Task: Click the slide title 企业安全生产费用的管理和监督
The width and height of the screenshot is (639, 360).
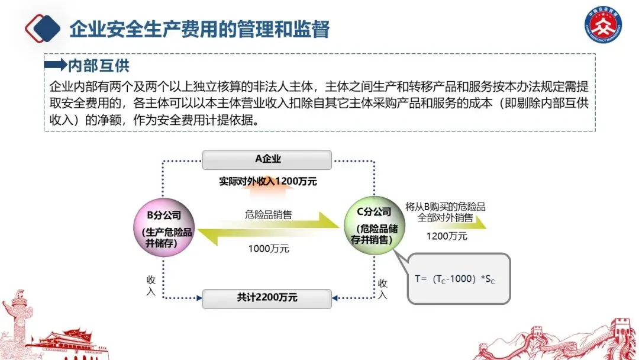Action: pyautogui.click(x=199, y=28)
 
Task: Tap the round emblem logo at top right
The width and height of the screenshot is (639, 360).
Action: pyautogui.click(x=603, y=27)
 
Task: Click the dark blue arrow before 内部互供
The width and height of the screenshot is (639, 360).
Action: pyautogui.click(x=56, y=65)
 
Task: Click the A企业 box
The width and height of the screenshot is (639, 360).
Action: pyautogui.click(x=267, y=160)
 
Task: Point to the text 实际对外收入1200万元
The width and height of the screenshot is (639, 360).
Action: pyautogui.click(x=267, y=182)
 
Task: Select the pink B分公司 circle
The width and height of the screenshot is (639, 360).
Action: pyautogui.click(x=163, y=227)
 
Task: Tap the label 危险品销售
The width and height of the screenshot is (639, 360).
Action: pyautogui.click(x=268, y=214)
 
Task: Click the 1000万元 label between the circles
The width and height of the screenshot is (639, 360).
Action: pyautogui.click(x=268, y=249)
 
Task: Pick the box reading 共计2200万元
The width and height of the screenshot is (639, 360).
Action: pyautogui.click(x=267, y=298)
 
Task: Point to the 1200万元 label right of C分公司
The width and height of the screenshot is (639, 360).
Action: pyautogui.click(x=447, y=236)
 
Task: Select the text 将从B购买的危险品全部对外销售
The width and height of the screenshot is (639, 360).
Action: pyautogui.click(x=445, y=211)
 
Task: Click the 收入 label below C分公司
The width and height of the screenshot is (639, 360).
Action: pyautogui.click(x=383, y=289)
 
